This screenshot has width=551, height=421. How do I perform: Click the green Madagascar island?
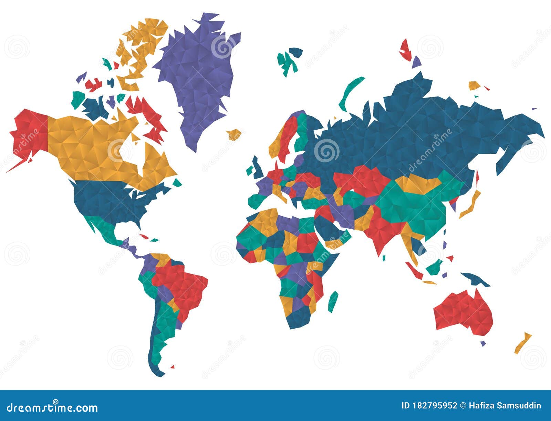point(333,301)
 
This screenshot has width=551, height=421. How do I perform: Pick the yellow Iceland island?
point(235,134)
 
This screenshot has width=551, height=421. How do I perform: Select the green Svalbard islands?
point(289,60)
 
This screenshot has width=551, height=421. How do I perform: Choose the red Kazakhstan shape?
point(365,179)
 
